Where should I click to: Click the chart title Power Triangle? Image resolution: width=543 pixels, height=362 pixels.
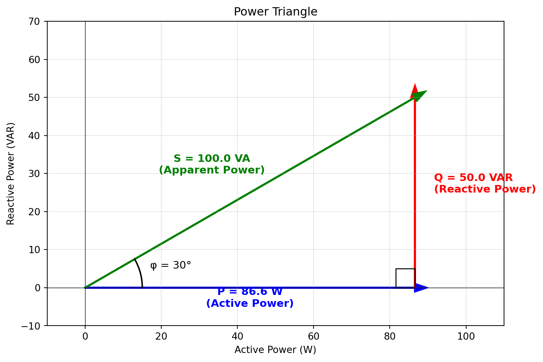click(275, 12)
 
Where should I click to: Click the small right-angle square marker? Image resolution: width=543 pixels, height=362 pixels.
click(405, 278)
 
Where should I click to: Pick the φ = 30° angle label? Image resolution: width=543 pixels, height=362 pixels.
click(170, 265)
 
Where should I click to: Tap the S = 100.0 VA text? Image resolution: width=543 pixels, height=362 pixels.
click(212, 159)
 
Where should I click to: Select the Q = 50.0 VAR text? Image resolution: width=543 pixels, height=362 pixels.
click(473, 178)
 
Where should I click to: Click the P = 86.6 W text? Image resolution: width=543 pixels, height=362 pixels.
click(250, 292)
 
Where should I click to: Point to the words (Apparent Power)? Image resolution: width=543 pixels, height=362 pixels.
click(212, 170)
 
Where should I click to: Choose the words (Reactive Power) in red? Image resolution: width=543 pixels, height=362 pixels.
click(485, 189)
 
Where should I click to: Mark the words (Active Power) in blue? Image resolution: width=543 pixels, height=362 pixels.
click(250, 304)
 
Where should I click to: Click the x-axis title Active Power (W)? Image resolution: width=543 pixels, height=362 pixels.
click(275, 350)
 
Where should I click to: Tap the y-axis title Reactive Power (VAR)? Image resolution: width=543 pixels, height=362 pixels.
click(11, 173)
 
